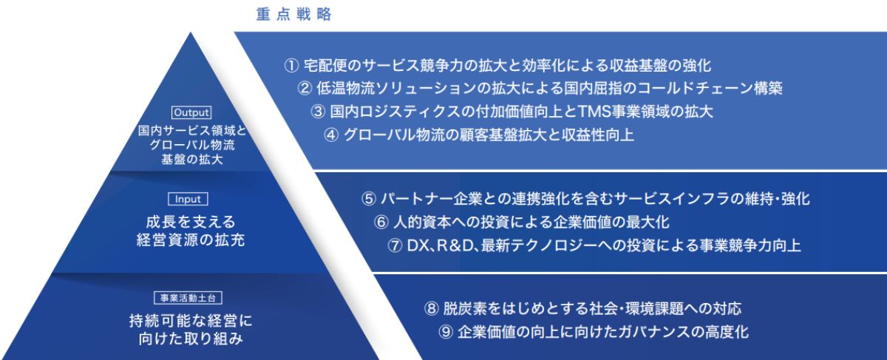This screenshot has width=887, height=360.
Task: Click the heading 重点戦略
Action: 293,14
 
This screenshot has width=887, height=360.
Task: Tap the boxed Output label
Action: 191,112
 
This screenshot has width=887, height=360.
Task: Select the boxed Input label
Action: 188,199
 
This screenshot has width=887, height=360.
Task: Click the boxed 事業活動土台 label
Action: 188,298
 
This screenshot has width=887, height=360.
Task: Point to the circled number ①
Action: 291,66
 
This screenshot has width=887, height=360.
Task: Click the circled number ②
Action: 305,88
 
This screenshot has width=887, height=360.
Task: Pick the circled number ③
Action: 318,112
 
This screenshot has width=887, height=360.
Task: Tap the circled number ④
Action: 331,135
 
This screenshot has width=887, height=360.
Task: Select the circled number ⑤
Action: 369,199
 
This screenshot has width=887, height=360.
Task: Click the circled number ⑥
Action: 381,223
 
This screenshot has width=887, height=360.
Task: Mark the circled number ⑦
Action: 395,245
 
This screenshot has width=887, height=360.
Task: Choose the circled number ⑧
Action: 431,308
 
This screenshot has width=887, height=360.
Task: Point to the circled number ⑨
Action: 446,332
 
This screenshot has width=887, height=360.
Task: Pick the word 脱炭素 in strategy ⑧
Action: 464,308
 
